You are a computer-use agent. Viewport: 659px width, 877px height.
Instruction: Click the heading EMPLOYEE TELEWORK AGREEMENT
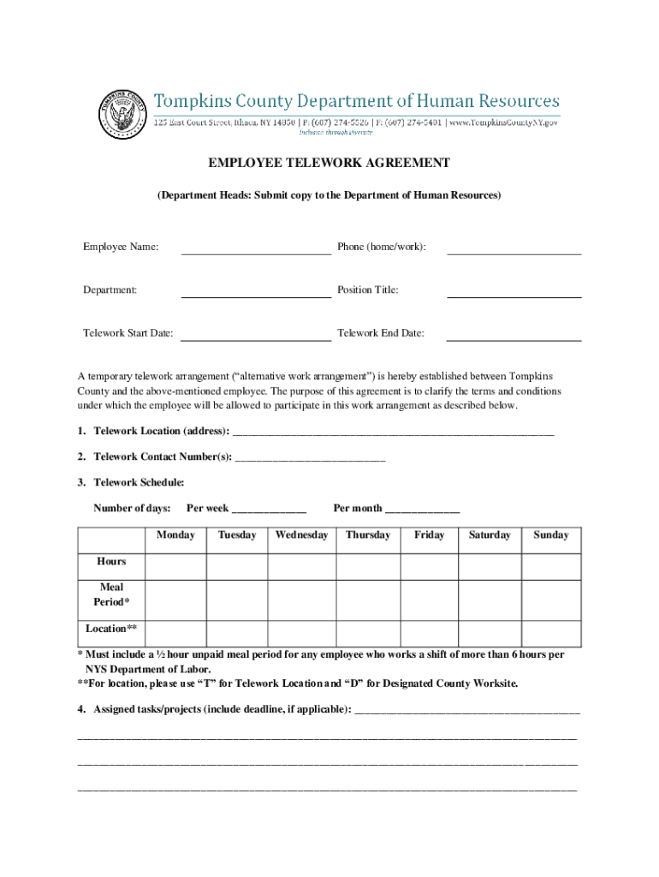click(329, 163)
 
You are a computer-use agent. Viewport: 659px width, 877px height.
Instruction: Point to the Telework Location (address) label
click(161, 431)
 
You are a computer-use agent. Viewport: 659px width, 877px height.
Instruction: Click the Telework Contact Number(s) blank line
click(310, 459)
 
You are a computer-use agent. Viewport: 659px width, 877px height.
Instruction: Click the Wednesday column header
click(301, 535)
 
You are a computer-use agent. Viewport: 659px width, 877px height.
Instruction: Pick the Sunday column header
click(550, 535)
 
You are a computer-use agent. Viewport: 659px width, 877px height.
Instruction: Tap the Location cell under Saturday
click(489, 633)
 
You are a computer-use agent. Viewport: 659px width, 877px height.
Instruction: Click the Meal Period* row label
click(111, 594)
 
